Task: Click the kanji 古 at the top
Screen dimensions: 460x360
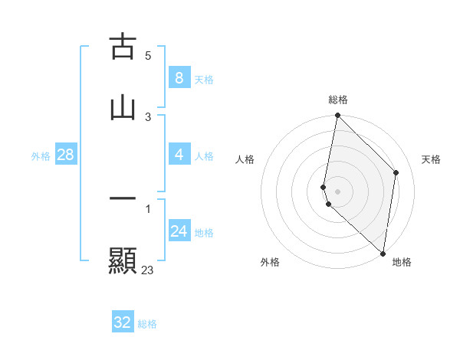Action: click(123, 47)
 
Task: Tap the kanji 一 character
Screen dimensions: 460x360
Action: click(123, 198)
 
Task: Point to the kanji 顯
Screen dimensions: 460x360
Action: click(123, 260)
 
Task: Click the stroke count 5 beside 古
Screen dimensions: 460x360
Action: click(148, 55)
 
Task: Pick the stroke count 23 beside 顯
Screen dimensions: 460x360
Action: click(148, 270)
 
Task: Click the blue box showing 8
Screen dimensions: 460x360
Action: click(179, 77)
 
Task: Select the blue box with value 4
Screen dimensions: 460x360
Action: click(179, 155)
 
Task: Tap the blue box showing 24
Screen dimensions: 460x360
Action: click(179, 231)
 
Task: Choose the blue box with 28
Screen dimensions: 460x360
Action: click(65, 155)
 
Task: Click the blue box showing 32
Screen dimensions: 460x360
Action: click(123, 322)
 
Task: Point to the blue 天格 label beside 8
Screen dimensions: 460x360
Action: click(204, 79)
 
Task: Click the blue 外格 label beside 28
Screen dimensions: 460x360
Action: click(41, 156)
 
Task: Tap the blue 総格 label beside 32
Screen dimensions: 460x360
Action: click(147, 324)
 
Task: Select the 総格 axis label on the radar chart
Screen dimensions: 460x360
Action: click(338, 100)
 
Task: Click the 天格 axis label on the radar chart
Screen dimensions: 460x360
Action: click(432, 159)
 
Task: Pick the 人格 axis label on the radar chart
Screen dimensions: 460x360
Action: click(245, 159)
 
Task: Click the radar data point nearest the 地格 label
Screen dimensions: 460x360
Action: click(383, 254)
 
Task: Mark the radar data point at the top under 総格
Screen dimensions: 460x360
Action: click(337, 116)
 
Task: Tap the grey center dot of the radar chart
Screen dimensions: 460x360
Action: click(337, 191)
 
